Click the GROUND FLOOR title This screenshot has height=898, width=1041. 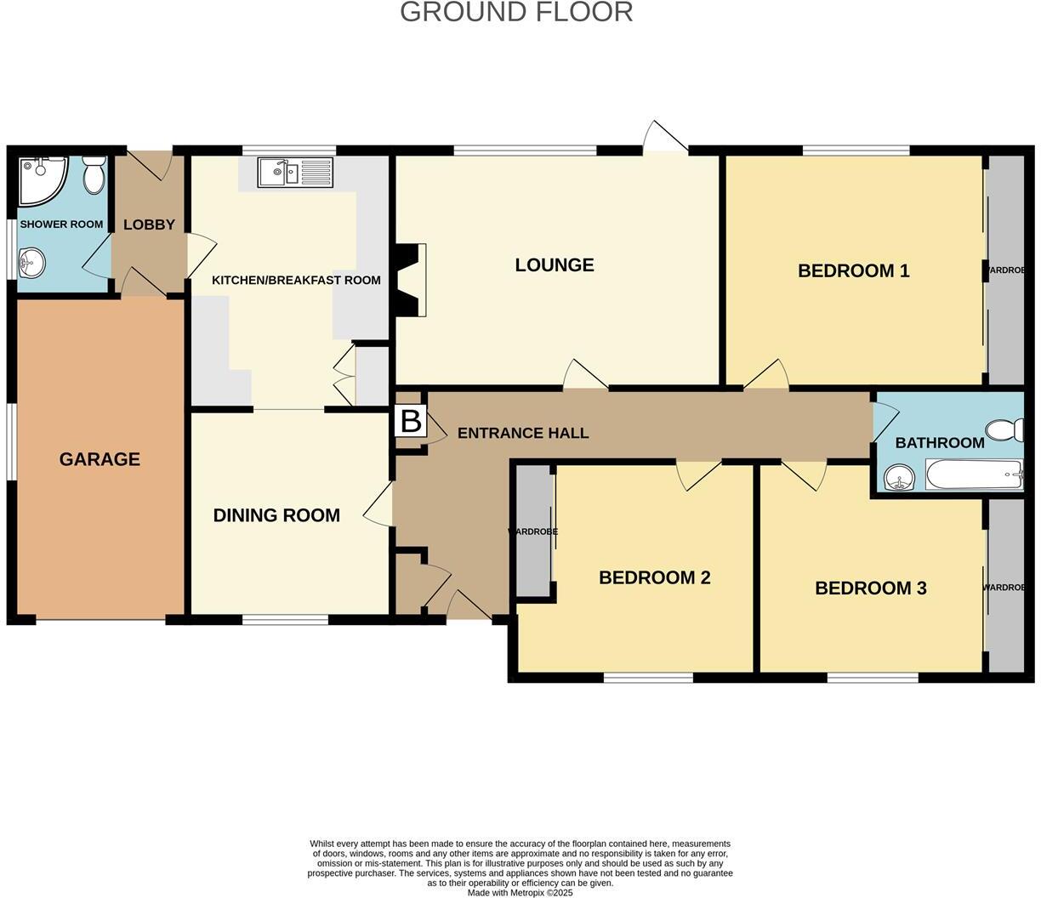coord(516,12)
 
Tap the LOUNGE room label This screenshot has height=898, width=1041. coord(555,264)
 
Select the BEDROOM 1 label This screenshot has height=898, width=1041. coord(853,270)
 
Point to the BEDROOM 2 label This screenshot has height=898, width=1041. coord(654,577)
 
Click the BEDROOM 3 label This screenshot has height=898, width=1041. coord(870,588)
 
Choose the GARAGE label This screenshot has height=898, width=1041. coord(100,459)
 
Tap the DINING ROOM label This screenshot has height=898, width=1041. coord(276,514)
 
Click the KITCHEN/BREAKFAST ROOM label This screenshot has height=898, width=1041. coord(296,280)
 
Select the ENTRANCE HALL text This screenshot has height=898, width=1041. coord(523,433)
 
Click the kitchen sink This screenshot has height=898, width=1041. coord(296,173)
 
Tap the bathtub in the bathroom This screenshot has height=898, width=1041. coord(974,475)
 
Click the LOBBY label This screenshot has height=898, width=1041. coord(149,224)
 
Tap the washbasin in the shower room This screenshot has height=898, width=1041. coord(31,262)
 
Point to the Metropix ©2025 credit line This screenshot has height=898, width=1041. coord(520,893)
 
